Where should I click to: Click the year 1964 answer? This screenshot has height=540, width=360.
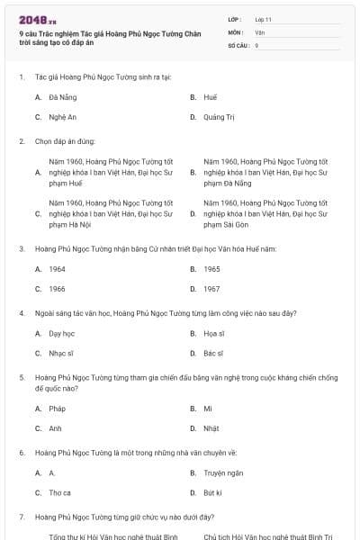[58, 268]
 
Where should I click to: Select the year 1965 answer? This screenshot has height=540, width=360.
[211, 268]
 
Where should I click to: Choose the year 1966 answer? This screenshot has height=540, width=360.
[58, 289]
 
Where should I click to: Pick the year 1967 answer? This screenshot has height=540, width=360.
[211, 289]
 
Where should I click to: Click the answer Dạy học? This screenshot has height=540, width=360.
[61, 333]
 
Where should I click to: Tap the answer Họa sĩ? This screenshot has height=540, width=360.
[213, 333]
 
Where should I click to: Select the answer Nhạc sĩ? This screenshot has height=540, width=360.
[61, 354]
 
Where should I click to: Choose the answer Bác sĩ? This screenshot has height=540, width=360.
[213, 354]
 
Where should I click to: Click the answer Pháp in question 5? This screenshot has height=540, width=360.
[58, 408]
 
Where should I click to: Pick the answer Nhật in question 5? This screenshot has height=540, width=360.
[211, 428]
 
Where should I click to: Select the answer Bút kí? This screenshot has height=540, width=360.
[212, 493]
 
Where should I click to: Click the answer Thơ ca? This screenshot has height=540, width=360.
[60, 493]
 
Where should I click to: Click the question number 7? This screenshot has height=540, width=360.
[21, 517]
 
